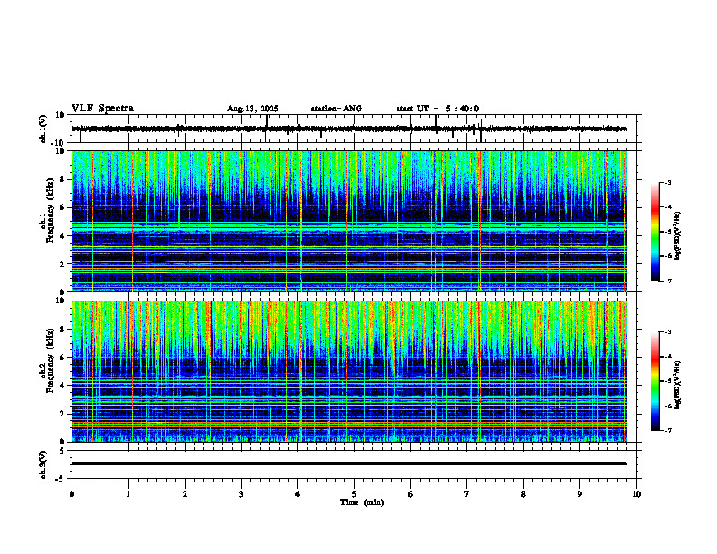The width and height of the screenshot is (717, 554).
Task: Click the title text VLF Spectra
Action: (102, 109)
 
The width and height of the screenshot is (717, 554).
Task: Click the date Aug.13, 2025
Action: (253, 109)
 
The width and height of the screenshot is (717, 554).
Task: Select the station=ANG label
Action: (336, 109)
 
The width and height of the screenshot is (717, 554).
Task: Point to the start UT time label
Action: (437, 109)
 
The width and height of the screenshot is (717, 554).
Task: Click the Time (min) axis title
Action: (361, 501)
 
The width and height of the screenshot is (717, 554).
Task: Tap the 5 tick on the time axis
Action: (355, 494)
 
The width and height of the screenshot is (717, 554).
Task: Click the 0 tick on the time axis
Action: (72, 494)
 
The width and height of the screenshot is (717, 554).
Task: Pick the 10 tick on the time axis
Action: (636, 494)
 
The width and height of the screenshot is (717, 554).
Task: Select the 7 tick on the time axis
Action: (467, 494)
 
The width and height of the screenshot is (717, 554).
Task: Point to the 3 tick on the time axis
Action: (242, 494)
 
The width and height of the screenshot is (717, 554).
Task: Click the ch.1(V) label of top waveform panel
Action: (43, 129)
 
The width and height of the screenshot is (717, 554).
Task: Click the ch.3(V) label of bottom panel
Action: (43, 463)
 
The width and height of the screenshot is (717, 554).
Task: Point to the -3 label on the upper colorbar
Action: (667, 184)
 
